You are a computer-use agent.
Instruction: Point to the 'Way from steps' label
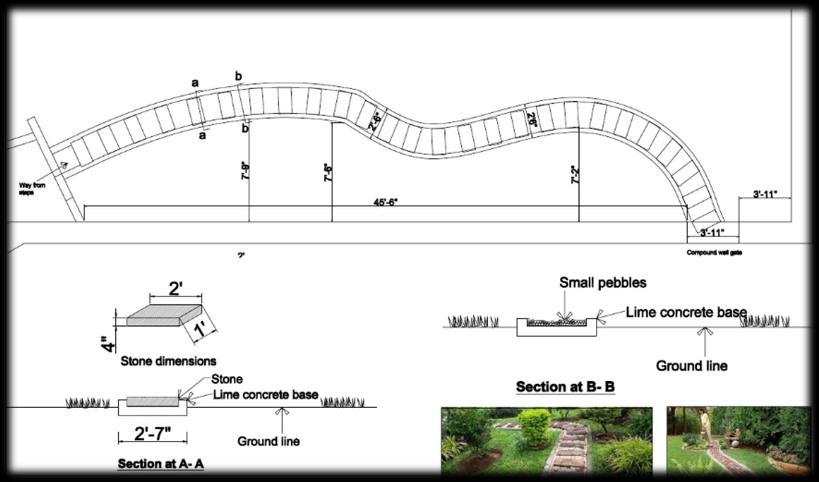tap(32, 189)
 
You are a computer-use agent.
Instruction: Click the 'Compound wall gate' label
tap(714, 253)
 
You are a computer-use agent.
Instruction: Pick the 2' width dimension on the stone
tap(176, 289)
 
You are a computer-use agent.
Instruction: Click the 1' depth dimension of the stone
tap(201, 331)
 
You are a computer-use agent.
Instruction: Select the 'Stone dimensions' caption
tap(168, 361)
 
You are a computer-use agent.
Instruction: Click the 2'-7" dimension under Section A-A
tap(153, 434)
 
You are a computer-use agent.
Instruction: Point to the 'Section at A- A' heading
tap(161, 464)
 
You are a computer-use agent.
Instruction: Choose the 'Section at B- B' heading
tap(565, 387)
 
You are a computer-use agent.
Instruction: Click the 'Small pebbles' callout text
tap(602, 283)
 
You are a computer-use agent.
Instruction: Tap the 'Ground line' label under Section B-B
tap(691, 366)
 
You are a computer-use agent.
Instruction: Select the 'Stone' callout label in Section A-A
tap(227, 379)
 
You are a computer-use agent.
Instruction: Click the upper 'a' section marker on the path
tap(195, 83)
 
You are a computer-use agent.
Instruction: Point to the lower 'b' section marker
tap(245, 129)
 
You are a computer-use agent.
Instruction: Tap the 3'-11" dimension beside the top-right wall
tap(765, 194)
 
